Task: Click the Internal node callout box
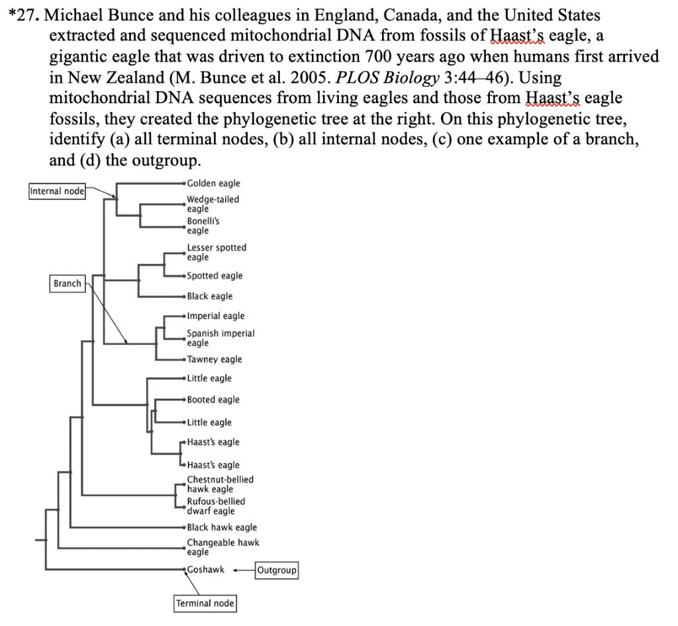(58, 191)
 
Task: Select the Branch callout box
(68, 283)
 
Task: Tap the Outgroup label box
(277, 570)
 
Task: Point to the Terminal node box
(205, 603)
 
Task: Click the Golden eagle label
(213, 183)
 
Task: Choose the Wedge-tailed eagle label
(213, 204)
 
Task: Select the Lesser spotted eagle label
(217, 252)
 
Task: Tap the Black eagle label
(210, 296)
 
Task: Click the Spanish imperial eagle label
(220, 338)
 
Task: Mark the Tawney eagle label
(215, 359)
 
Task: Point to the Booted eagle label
(213, 400)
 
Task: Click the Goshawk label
(206, 569)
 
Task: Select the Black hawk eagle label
(222, 527)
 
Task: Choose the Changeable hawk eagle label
(223, 547)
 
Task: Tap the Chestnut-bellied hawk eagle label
(220, 484)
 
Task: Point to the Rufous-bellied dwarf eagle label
(216, 506)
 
